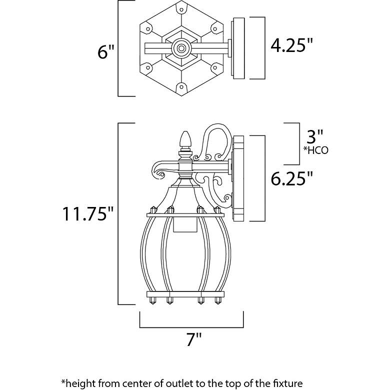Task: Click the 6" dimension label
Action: point(105,52)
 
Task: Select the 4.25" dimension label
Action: point(291,45)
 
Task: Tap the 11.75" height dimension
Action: point(88,213)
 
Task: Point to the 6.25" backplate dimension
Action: point(291,178)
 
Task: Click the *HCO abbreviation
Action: point(316,150)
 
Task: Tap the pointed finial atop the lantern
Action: point(186,139)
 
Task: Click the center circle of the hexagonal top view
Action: point(181,48)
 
